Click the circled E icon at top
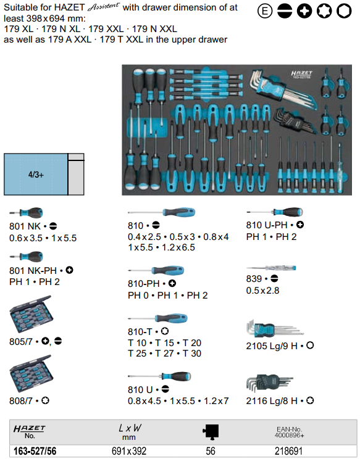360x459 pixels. pyautogui.click(x=265, y=11)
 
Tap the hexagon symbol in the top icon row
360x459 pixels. pyautogui.click(x=344, y=11)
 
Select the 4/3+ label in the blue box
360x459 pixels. pyautogui.click(x=36, y=175)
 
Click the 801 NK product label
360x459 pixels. pyautogui.click(x=25, y=226)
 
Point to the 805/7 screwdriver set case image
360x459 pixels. pyautogui.click(x=31, y=313)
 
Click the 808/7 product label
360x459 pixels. pyautogui.click(x=21, y=400)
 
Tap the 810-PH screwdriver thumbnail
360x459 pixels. pyautogui.click(x=156, y=270)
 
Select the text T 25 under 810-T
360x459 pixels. pyautogui.click(x=137, y=354)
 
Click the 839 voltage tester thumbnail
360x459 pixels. pyautogui.click(x=271, y=268)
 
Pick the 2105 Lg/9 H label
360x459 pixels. pyautogui.click(x=272, y=346)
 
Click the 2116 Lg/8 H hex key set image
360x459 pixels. pyautogui.click(x=269, y=383)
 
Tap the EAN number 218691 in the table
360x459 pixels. pyautogui.click(x=288, y=451)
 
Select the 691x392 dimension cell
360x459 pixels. pyautogui.click(x=129, y=451)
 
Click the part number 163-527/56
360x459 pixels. pyautogui.click(x=35, y=451)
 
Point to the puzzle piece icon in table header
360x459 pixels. pyautogui.click(x=211, y=431)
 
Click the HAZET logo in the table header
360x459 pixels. pyautogui.click(x=29, y=429)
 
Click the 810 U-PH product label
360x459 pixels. pyautogui.click(x=267, y=225)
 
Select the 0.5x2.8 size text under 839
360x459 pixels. pyautogui.click(x=263, y=291)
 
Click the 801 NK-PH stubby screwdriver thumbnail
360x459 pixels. pyautogui.click(x=26, y=257)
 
